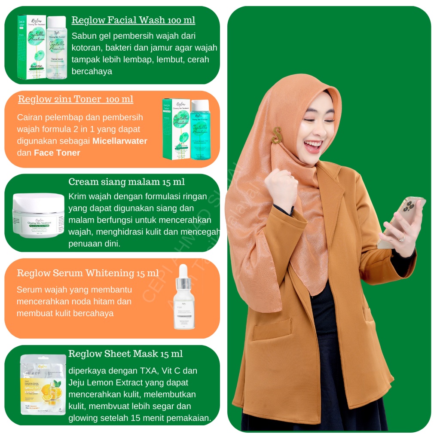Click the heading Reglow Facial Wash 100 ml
[133, 20]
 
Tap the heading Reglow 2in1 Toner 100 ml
[76, 99]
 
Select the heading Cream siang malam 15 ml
[127, 182]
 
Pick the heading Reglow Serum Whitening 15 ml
[88, 273]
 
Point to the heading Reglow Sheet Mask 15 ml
[125, 354]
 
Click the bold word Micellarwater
[120, 141]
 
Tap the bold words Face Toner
[57, 153]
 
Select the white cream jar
[38, 215]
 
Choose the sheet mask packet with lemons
[43, 385]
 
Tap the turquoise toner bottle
[200, 129]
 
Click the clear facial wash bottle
[56, 47]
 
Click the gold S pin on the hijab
[277, 135]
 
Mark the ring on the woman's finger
[401, 238]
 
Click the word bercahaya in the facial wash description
[92, 71]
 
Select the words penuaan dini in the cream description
[95, 244]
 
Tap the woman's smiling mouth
[312, 145]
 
